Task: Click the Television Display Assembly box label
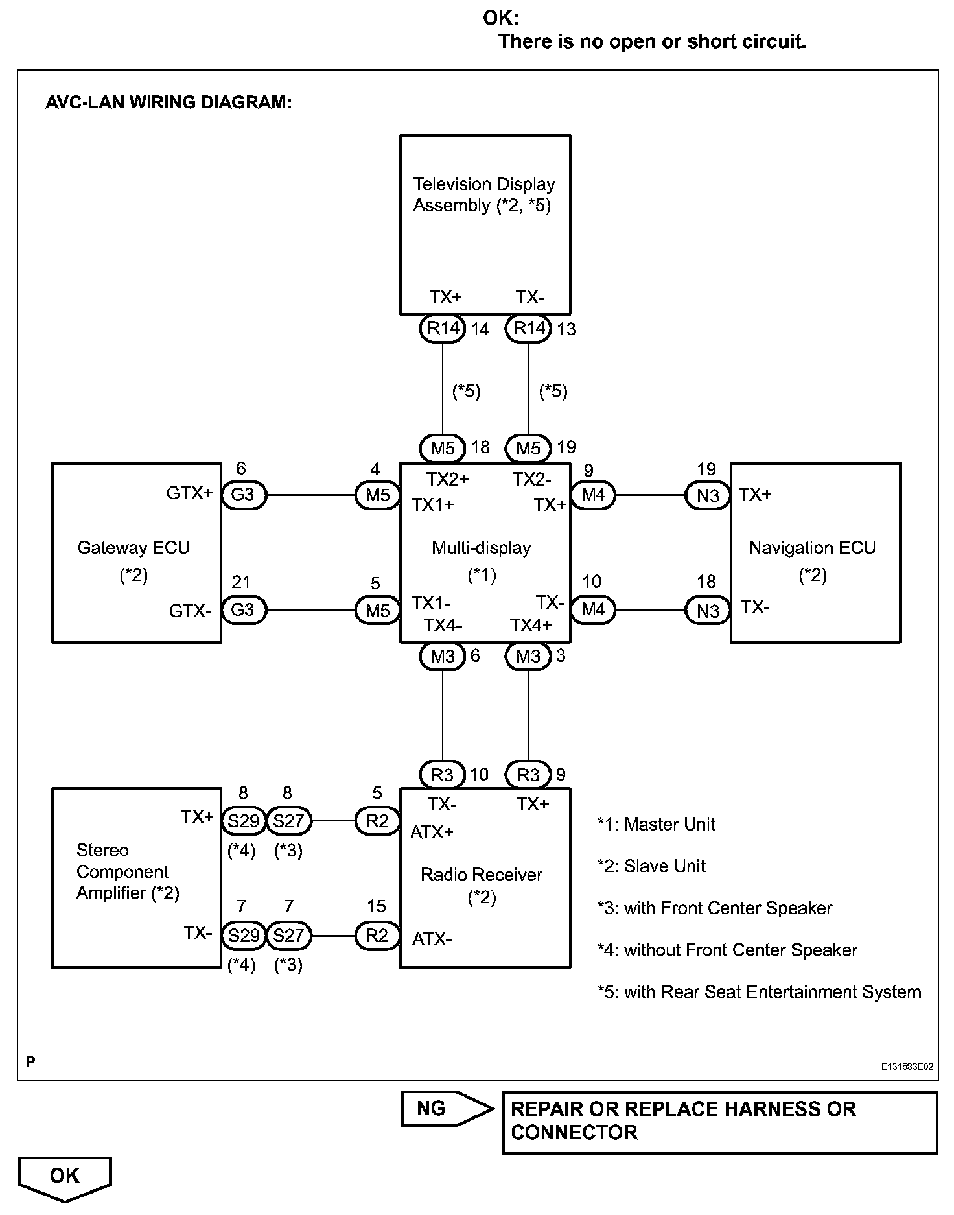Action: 484,195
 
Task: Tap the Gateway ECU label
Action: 134,548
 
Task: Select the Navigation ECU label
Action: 812,548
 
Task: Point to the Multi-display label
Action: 482,548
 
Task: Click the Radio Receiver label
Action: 482,875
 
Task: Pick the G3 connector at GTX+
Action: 243,495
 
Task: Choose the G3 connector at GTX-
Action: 243,610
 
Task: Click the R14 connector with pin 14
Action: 443,329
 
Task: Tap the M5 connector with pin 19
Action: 528,448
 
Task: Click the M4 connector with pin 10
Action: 593,609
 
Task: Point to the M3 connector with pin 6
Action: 443,656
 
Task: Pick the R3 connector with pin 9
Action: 528,775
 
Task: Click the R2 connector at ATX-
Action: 377,936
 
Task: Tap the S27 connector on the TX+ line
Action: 288,821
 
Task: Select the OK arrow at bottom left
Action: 65,1176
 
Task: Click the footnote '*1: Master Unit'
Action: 656,825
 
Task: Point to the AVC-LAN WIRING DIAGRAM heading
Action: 169,102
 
